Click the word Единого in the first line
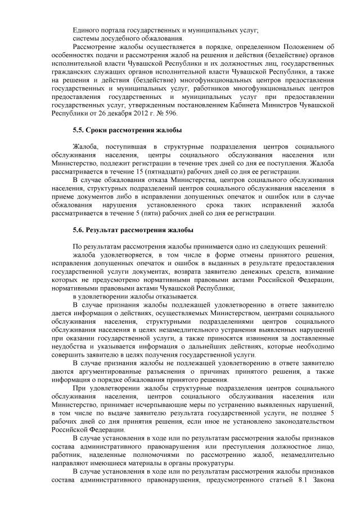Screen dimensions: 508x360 pyautogui.click(x=86, y=29)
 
